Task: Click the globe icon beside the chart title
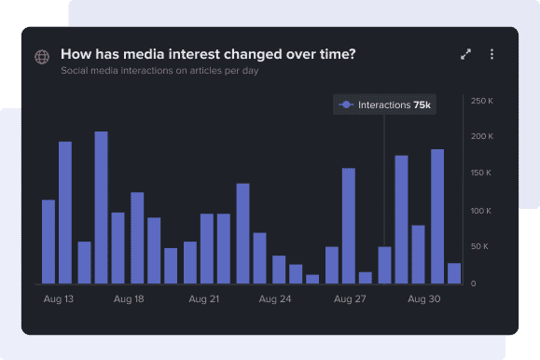pos(42,57)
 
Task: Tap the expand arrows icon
pos(466,54)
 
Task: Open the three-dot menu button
pos(492,54)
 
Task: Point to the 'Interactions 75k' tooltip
pos(384,105)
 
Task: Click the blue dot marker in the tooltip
pos(346,105)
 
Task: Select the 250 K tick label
pos(481,101)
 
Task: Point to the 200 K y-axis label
pos(481,137)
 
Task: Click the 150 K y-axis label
pos(481,173)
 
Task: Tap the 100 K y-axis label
pos(481,211)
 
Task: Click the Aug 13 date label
pos(59,299)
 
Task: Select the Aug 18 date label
pos(129,299)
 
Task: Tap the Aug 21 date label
pos(203,299)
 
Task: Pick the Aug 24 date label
pos(275,299)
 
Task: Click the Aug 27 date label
pos(349,299)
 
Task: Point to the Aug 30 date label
pos(423,299)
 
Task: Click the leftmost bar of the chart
pos(48,242)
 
